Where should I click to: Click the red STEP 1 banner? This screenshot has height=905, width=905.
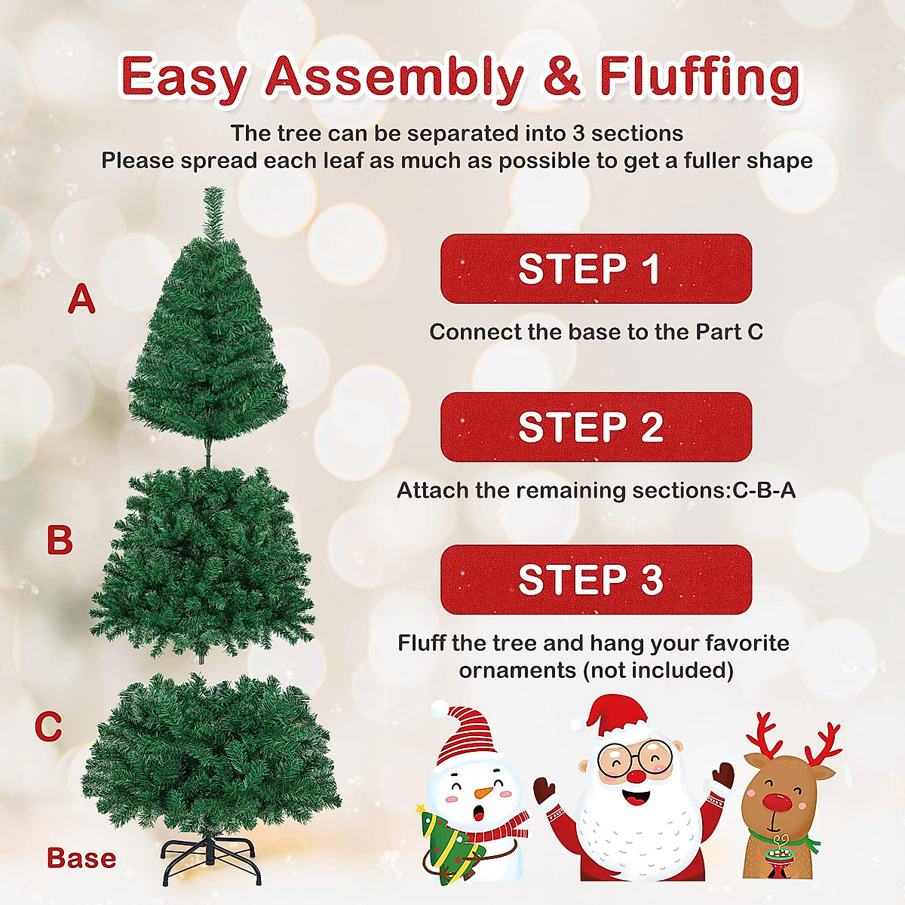(596, 269)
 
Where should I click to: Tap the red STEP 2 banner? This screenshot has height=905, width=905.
(596, 427)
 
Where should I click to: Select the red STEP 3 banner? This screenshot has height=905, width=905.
(596, 579)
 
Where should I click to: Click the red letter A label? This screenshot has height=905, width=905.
(81, 299)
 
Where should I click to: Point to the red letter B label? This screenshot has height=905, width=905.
(60, 541)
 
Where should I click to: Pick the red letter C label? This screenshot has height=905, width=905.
(48, 727)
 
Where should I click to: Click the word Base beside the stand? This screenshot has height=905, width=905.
(81, 858)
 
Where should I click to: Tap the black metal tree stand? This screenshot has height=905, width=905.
(212, 860)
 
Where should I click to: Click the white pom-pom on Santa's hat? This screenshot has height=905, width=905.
(578, 723)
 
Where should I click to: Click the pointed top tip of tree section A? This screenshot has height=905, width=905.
(214, 193)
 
